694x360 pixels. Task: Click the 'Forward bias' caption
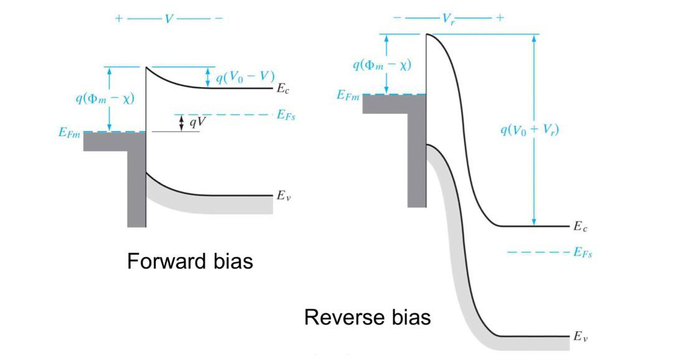point(190,261)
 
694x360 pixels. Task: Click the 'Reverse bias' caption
point(367,317)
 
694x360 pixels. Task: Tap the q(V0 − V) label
point(245,77)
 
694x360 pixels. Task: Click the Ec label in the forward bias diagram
point(283,89)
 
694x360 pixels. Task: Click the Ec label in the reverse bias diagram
point(580,227)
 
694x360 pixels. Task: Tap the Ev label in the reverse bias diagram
point(580,337)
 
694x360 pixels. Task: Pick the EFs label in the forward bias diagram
point(286,116)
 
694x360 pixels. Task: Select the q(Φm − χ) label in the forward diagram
point(105,98)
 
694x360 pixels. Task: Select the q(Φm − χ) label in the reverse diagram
point(382,64)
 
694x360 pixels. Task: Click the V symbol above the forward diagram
point(169,19)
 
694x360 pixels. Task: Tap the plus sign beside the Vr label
point(499,18)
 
